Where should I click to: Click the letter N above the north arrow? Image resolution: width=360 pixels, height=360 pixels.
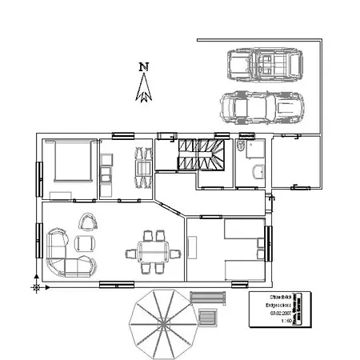click(143, 67)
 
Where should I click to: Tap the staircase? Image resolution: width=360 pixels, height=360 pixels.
click(200, 153)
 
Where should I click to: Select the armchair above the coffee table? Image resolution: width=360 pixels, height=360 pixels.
click(86, 221)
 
